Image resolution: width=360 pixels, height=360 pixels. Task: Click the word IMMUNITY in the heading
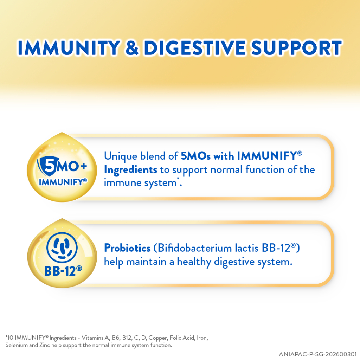coord(69,48)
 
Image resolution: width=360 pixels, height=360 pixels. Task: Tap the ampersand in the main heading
coord(132,48)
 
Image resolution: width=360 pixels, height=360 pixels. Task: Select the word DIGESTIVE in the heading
coord(195,48)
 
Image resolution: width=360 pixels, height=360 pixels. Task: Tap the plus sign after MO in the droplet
coord(84,166)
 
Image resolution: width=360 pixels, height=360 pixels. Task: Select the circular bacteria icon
coord(62,247)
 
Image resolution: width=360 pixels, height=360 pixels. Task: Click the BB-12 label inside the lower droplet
coord(63,271)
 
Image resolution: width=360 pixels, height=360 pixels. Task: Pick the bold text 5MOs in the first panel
coord(195,156)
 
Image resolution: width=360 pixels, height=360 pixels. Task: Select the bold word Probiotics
coord(127,248)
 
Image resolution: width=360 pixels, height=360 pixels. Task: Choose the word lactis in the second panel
coord(247,248)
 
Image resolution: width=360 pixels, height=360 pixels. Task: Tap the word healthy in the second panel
coord(194,262)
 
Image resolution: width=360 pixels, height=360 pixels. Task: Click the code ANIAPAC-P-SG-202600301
coord(317,354)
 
